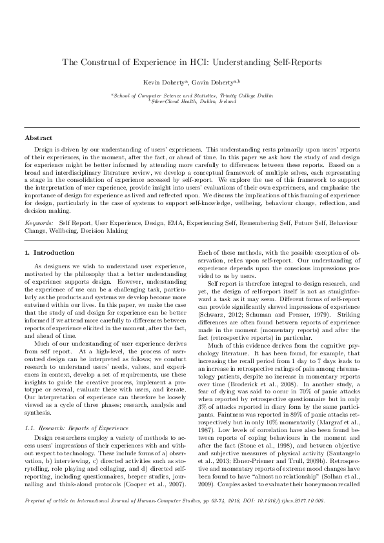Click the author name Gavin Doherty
click(x=216, y=82)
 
